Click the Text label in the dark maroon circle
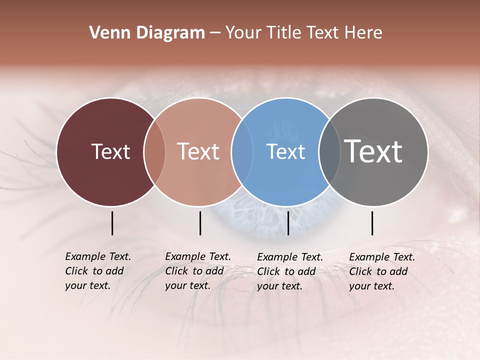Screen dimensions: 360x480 click(110, 151)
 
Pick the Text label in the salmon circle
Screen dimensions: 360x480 click(198, 151)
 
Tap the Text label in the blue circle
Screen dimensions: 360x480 click(286, 151)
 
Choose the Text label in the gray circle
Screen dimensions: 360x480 click(373, 151)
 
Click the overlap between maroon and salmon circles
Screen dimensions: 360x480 click(154, 151)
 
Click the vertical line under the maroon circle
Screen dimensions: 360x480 click(112, 223)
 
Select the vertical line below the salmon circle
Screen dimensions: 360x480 click(200, 223)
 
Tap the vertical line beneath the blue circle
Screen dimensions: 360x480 click(288, 223)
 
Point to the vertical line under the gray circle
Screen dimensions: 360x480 click(372, 223)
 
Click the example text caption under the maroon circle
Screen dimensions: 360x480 click(97, 271)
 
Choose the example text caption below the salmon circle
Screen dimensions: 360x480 click(197, 271)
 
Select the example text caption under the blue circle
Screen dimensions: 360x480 click(289, 271)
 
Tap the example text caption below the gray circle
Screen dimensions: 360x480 click(381, 271)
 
